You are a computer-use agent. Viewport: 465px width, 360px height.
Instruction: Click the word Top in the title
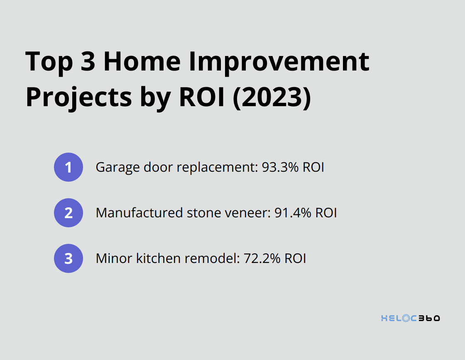(49, 62)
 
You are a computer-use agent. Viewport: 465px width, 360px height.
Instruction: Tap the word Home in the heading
(142, 61)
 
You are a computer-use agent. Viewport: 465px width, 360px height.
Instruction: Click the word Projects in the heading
(79, 97)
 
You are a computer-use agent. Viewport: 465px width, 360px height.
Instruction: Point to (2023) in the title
(272, 97)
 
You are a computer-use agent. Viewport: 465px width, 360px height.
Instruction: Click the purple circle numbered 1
(69, 167)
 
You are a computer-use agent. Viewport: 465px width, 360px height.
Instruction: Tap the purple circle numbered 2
(69, 213)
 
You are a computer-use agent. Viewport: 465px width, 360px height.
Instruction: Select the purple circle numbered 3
(69, 258)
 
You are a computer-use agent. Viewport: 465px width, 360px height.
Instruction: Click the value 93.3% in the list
(280, 167)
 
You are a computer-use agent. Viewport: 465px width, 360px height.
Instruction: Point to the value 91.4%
(293, 213)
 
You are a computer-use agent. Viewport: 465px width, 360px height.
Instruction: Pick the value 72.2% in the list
(262, 258)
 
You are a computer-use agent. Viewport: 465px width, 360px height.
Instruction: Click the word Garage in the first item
(118, 168)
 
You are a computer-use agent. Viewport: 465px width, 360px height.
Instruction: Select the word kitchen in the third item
(159, 258)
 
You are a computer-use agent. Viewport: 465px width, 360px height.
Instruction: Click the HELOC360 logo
(411, 318)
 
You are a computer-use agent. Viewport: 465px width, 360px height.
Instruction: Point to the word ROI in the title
(202, 97)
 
